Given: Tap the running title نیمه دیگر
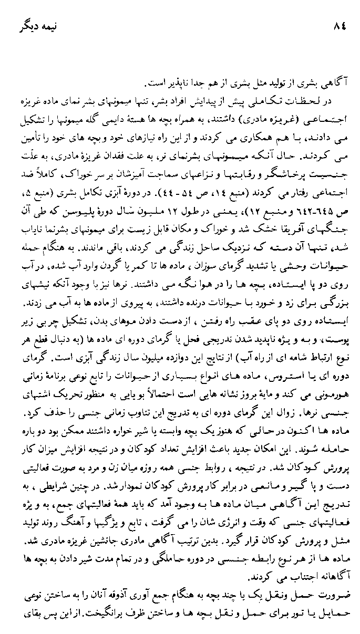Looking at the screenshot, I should (34, 27).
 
